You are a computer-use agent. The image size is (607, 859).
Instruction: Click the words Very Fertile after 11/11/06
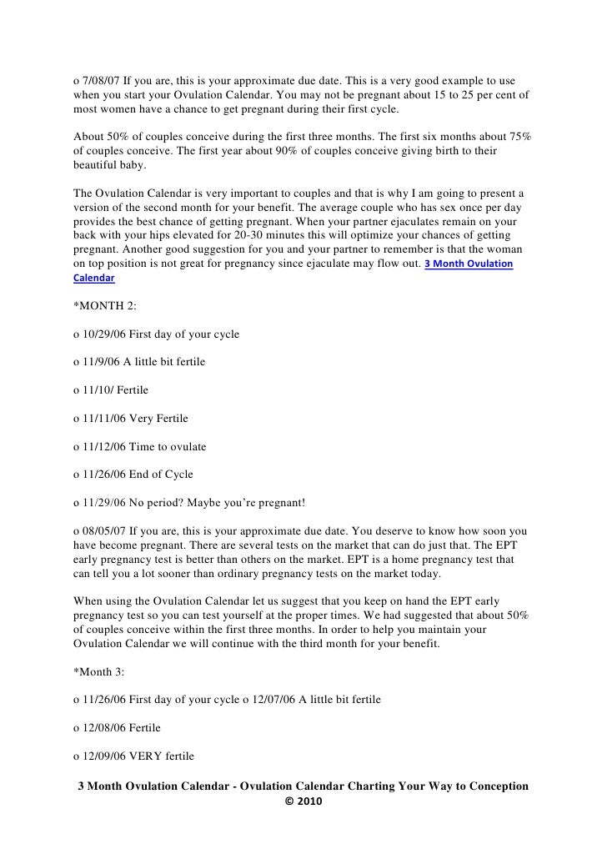coord(160,419)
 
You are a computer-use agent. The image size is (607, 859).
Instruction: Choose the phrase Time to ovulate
coord(168,447)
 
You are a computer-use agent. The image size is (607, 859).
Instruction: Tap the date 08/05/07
coord(107,531)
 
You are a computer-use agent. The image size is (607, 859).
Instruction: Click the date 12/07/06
coord(275,701)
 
